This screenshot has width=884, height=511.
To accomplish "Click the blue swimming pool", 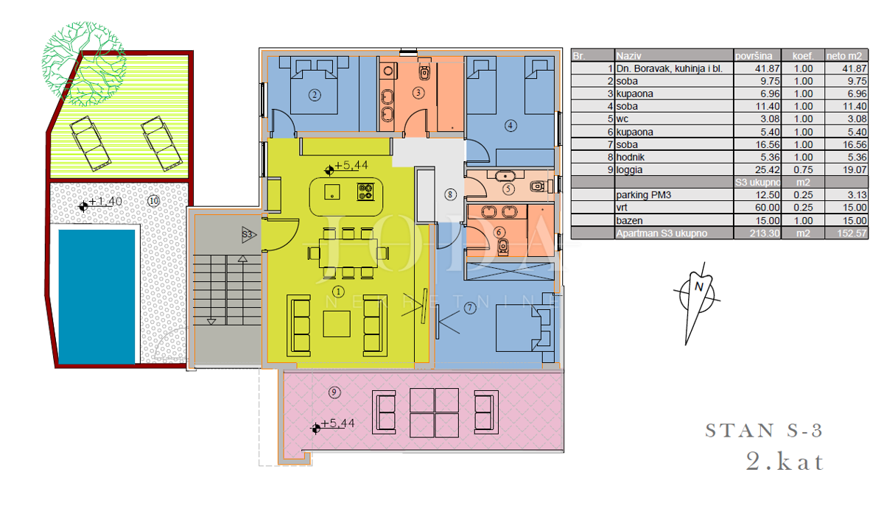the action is pyautogui.click(x=97, y=297).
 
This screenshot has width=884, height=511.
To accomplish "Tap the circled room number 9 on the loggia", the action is pyautogui.click(x=334, y=392).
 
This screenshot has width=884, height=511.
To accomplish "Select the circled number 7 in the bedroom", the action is pyautogui.click(x=470, y=308).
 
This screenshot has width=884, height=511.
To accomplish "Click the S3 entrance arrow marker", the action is pyautogui.click(x=249, y=235).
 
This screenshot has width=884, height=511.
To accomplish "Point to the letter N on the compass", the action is pyautogui.click(x=699, y=286).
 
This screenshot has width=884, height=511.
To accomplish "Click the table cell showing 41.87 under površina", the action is pyautogui.click(x=767, y=68).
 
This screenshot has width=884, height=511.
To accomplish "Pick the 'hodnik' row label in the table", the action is pyautogui.click(x=631, y=157).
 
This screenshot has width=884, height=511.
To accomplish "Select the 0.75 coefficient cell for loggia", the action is pyautogui.click(x=803, y=169).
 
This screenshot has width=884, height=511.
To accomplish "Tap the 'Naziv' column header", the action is pyautogui.click(x=628, y=56).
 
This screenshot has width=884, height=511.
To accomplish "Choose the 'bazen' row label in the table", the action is pyautogui.click(x=629, y=221).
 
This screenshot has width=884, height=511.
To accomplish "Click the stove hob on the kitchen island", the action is pyautogui.click(x=365, y=191).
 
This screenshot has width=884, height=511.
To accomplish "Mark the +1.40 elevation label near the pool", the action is pyautogui.click(x=105, y=202).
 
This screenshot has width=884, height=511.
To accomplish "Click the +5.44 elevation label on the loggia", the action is pyautogui.click(x=337, y=423).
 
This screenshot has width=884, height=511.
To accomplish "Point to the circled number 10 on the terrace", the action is pyautogui.click(x=153, y=201).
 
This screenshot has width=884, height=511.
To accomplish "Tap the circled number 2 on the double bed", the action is pyautogui.click(x=315, y=95).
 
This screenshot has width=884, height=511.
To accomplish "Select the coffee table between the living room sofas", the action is pyautogui.click(x=337, y=324).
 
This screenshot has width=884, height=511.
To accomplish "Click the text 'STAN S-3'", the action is pyautogui.click(x=764, y=431).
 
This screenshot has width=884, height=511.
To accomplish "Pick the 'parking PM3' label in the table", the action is pyautogui.click(x=644, y=195).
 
